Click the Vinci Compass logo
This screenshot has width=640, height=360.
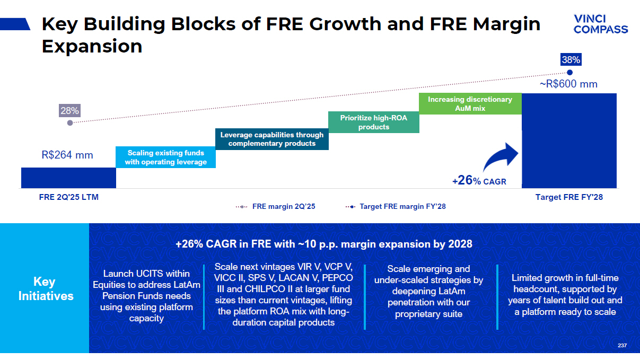tap(600, 24)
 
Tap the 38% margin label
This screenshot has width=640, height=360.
tap(571, 60)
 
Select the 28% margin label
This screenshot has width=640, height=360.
tap(69, 111)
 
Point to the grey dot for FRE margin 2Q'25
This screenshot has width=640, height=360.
tap(70, 122)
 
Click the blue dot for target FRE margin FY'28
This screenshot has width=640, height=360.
tap(570, 73)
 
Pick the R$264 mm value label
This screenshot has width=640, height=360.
tap(67, 155)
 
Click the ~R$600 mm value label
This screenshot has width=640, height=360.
tap(568, 84)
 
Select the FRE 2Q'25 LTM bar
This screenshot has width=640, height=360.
tap(68, 178)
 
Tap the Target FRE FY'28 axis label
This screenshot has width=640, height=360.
tap(569, 197)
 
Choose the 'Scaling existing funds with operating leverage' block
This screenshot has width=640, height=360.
tap(165, 157)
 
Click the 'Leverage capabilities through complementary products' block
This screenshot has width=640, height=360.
tap(271, 139)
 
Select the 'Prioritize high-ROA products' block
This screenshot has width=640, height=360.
tap(373, 122)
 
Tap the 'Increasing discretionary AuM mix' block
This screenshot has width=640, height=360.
tap(470, 103)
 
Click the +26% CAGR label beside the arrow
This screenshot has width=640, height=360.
tap(479, 181)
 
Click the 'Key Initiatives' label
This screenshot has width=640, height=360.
tap(46, 288)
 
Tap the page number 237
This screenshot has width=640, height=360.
tap(622, 346)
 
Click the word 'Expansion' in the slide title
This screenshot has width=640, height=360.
tap(92, 46)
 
